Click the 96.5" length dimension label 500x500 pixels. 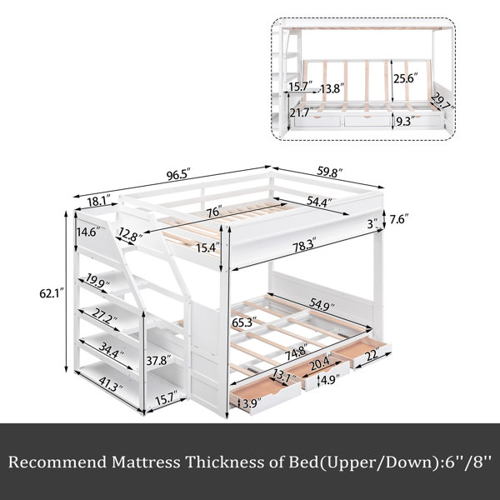pos(178,174)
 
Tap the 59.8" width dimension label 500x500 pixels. pos(329,172)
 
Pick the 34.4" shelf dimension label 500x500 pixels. pos(112,350)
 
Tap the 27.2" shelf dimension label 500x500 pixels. pos(104,317)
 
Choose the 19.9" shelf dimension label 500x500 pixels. pos(97,281)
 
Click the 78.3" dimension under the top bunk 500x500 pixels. pos(305,244)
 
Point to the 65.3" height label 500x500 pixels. pos(244,322)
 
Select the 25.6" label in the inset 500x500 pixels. pos(406,78)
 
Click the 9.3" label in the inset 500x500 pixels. pos(405,121)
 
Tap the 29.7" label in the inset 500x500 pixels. pos(442,102)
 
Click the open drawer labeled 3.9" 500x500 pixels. pos(265,394)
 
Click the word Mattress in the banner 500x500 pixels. pos(146,462)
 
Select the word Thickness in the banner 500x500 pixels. pos(225,462)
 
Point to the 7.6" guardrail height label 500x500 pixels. pos(398,219)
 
